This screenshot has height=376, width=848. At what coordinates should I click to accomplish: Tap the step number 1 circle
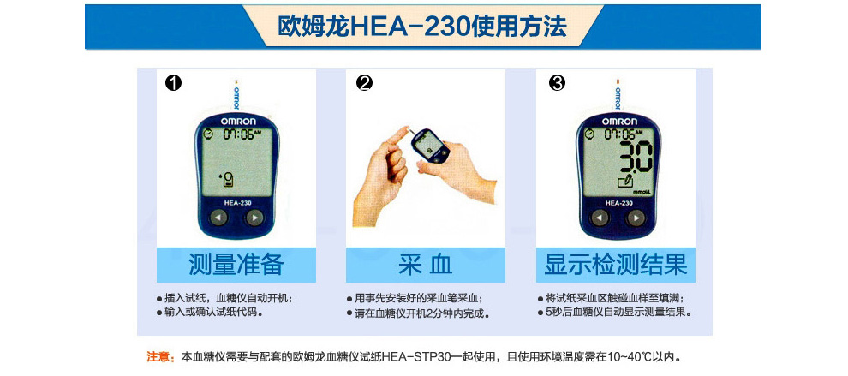[x=174, y=83]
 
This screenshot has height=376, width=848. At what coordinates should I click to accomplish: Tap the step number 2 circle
[x=365, y=83]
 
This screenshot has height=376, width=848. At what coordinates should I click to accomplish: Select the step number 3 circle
[x=557, y=83]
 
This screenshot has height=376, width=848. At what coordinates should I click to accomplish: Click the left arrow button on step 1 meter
[x=218, y=218]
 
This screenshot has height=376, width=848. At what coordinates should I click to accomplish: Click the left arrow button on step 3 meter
[x=600, y=218]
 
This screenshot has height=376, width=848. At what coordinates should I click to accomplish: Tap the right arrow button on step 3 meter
[x=636, y=218]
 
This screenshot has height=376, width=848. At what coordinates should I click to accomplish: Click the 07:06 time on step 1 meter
[x=238, y=134]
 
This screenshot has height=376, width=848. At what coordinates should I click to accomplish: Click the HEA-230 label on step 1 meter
[x=237, y=203]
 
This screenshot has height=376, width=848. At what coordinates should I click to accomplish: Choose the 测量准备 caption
[x=236, y=266]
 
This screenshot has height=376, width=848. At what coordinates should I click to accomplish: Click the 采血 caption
[x=425, y=266]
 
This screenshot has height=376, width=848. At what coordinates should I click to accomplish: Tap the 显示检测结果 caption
[x=616, y=266]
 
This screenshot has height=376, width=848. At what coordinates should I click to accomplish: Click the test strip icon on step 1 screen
[x=229, y=179]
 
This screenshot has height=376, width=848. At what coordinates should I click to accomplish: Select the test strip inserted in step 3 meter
[x=618, y=96]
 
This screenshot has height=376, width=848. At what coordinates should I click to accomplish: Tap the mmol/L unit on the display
[x=641, y=190]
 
